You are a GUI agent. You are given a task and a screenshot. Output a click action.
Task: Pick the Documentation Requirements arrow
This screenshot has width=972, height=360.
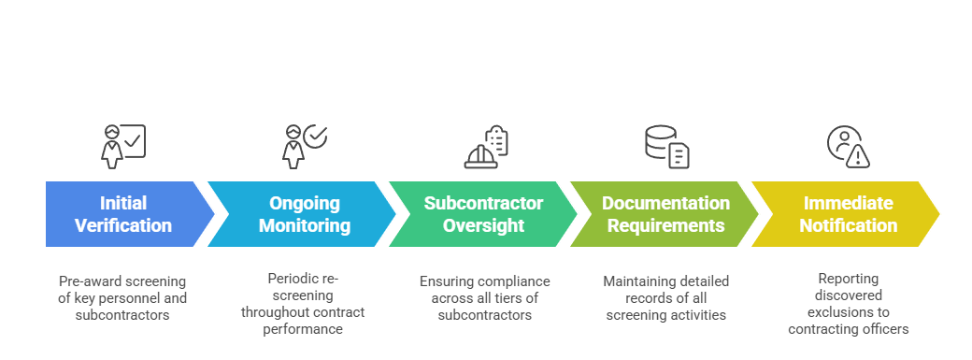665,214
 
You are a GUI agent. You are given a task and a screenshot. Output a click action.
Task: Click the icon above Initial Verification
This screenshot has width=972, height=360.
123,146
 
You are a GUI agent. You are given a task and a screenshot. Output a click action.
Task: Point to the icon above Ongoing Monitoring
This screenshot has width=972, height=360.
304,146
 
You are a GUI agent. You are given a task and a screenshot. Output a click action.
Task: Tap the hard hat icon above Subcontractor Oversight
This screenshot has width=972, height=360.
486,147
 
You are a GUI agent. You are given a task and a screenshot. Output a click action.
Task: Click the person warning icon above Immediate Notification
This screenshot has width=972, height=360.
848,146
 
